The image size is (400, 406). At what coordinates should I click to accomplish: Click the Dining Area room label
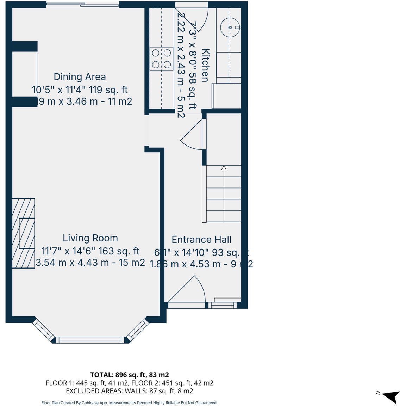(80, 77)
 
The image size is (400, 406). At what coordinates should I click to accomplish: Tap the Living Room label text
(90, 238)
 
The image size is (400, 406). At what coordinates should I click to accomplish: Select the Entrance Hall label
(201, 240)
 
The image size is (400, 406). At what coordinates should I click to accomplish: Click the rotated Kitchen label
(205, 65)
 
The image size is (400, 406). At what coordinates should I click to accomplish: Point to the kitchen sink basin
(230, 27)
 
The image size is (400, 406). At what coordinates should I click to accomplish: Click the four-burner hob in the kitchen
(162, 59)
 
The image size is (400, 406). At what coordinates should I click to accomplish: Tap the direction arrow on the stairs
(224, 168)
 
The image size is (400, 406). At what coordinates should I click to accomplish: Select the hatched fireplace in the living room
(23, 233)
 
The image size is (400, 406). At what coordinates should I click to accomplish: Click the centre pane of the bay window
(90, 340)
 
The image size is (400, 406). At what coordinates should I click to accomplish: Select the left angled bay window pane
(44, 330)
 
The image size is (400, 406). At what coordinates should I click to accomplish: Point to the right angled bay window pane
(137, 330)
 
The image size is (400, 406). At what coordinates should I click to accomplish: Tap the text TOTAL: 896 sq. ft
(129, 375)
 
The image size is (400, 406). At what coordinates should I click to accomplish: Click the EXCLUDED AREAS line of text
(129, 391)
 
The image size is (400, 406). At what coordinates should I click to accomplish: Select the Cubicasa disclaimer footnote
(129, 402)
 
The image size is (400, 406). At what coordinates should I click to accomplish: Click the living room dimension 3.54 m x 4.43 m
(90, 263)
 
